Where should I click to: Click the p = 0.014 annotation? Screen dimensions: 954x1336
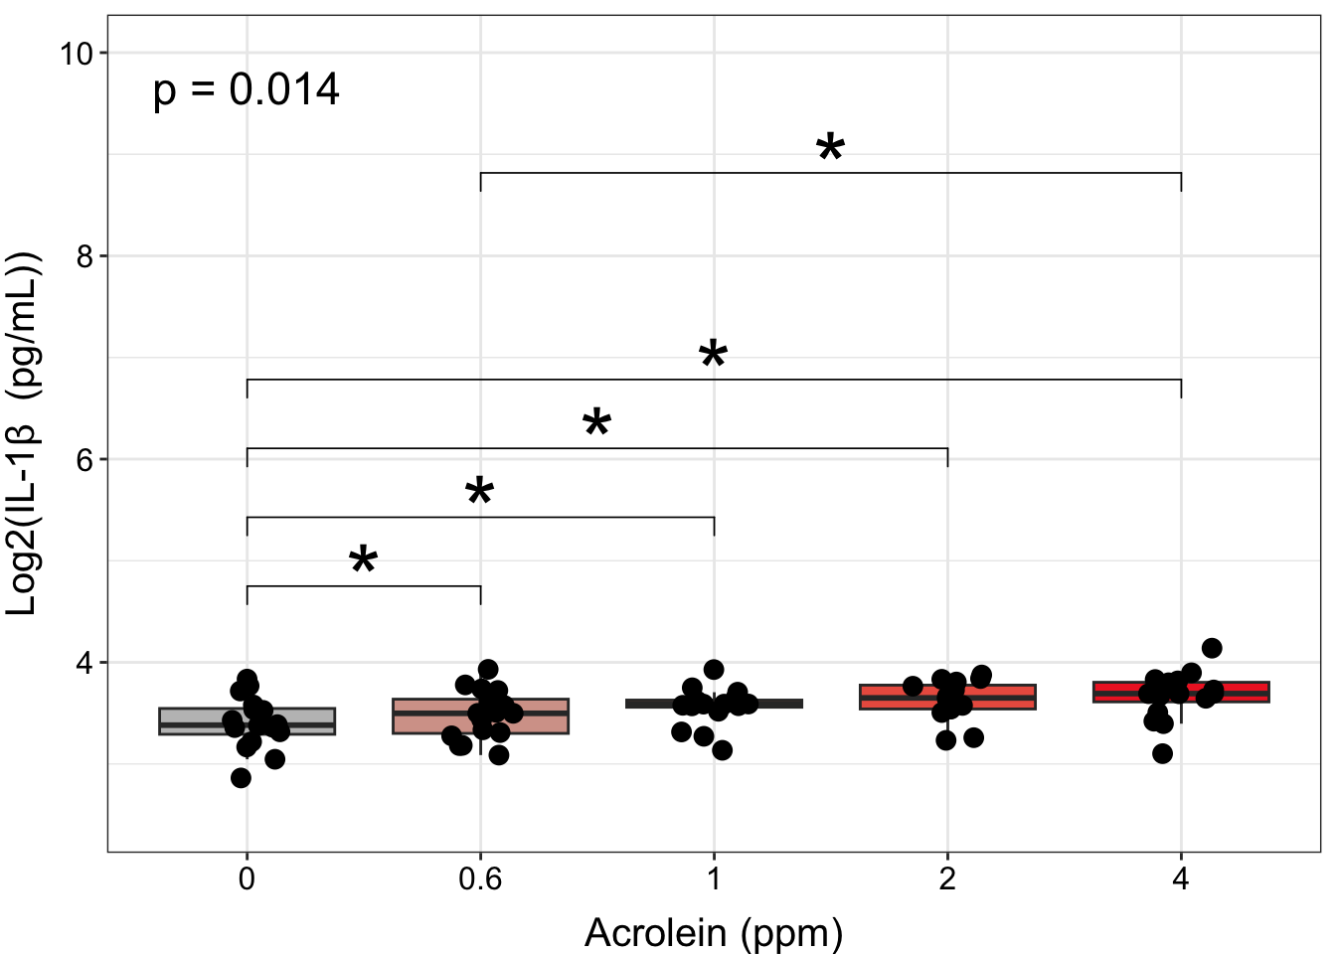point(247,90)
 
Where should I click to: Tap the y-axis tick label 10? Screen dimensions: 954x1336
point(77,54)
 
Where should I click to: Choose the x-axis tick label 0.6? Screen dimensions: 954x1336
point(480,879)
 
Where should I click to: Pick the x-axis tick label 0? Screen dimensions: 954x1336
point(247,879)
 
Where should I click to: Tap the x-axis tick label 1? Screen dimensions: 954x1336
point(714,879)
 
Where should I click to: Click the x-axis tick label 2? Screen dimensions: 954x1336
point(947,879)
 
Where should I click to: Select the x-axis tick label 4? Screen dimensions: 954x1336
point(1181,879)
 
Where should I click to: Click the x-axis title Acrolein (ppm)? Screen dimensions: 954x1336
point(714,933)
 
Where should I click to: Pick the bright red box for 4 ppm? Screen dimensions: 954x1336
point(1243,692)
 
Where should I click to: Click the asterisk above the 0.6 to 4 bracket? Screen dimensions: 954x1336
point(830,149)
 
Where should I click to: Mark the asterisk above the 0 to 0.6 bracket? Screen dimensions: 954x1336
point(364,561)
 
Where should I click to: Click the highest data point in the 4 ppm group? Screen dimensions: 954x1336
point(1212,648)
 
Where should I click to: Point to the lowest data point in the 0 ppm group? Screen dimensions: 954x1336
point(241,778)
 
